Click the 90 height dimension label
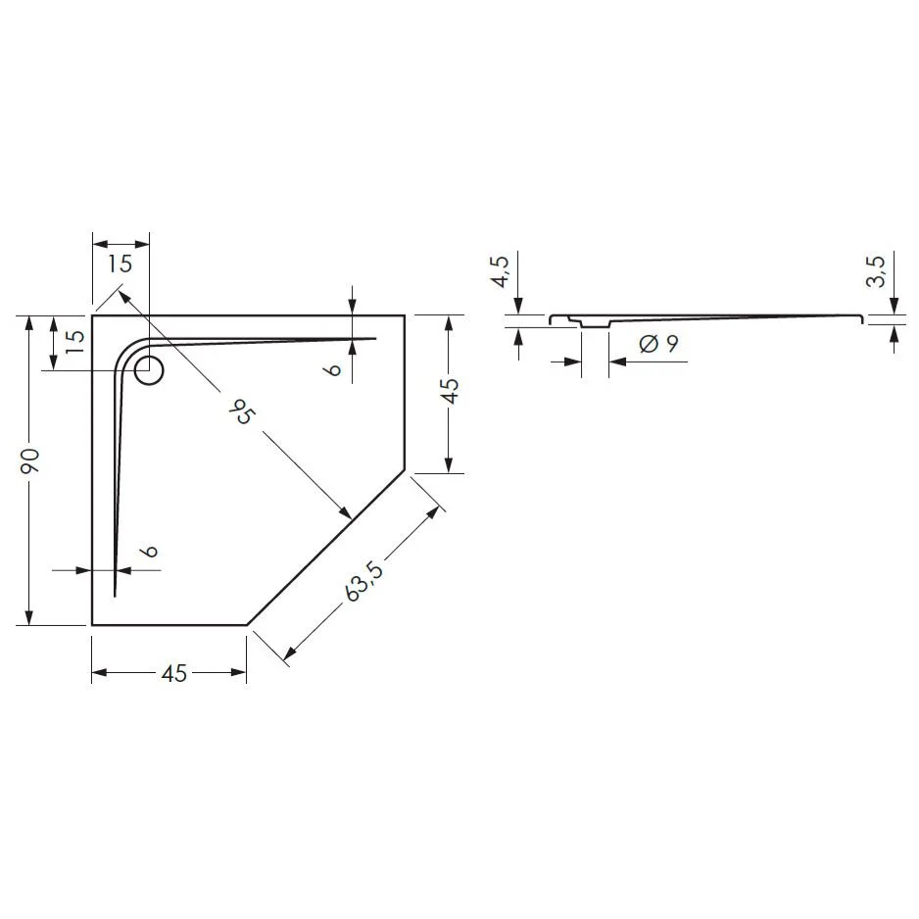(x=30, y=460)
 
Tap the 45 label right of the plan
(x=448, y=391)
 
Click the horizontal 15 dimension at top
(x=120, y=264)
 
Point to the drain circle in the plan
(x=149, y=371)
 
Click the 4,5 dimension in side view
(x=499, y=271)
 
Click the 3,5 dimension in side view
(x=876, y=271)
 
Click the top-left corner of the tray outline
(x=92, y=315)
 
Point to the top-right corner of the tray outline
(x=406, y=315)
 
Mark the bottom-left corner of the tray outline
(x=92, y=624)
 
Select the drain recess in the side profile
(x=595, y=323)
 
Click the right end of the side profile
(x=863, y=318)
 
